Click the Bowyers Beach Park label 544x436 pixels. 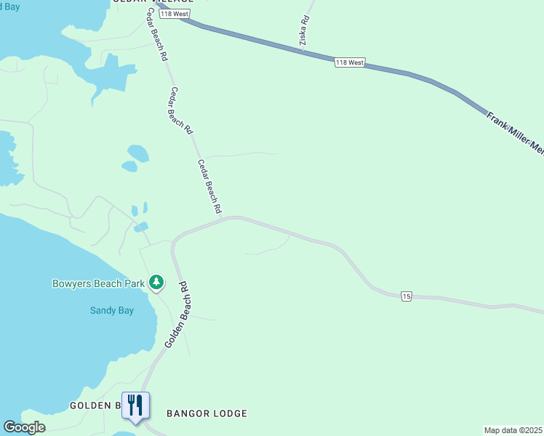coord(98,283)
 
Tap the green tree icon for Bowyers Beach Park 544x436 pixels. coord(156,282)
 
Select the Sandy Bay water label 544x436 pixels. coord(112,310)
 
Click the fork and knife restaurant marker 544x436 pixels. coord(135,405)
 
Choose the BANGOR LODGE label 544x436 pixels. coord(207,413)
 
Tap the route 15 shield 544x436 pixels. coord(407,296)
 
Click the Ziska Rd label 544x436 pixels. coord(305,33)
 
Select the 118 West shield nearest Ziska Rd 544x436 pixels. coord(350,63)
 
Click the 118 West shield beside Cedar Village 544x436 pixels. coord(175,15)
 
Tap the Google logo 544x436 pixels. coord(24,427)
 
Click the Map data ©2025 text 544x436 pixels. coord(513,430)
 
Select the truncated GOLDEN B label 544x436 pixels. coord(95,405)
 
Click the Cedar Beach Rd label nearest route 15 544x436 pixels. coord(209,186)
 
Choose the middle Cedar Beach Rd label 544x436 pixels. coord(181,110)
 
